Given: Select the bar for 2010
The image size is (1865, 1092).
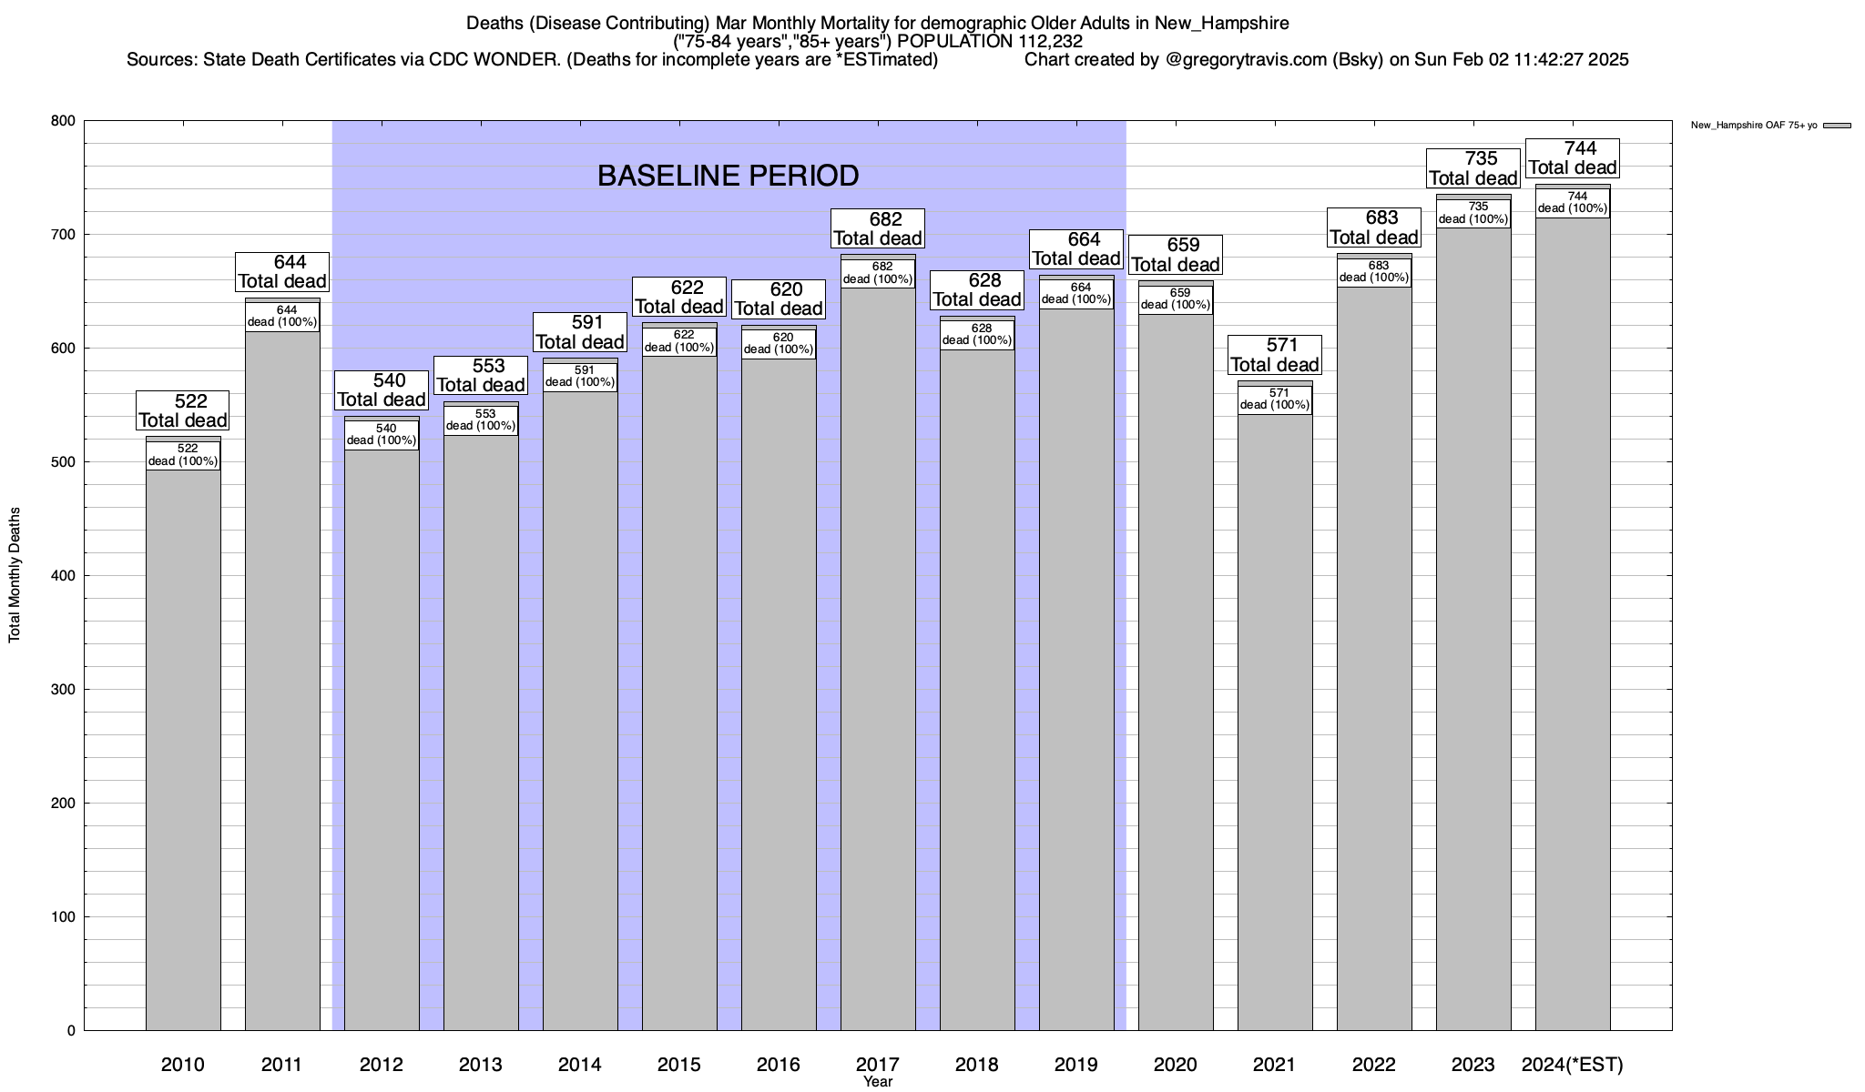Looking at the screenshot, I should coord(183,746).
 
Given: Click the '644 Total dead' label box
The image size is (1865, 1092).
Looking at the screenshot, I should coord(282,272).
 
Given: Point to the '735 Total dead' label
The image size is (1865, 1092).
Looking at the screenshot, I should coord(1473,168).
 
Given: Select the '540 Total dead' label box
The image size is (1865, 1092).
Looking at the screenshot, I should coord(382,390).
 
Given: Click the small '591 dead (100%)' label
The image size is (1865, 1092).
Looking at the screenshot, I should coord(580,376).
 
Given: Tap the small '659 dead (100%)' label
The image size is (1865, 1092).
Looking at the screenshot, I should coord(1176,298).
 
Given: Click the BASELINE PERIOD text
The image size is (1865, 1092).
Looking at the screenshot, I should coord(728,176).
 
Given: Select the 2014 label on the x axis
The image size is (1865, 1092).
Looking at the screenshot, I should coord(580,1065).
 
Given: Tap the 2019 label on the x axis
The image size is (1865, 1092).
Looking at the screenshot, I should coord(1076,1065).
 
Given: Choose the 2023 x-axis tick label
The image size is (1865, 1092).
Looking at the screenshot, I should coord(1473,1065).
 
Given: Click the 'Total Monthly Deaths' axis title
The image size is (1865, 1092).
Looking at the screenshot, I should coord(15,575).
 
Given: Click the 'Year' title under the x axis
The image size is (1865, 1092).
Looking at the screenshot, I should coord(878,1082).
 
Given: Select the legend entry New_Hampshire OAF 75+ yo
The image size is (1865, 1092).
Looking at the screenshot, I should coord(1753,126).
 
